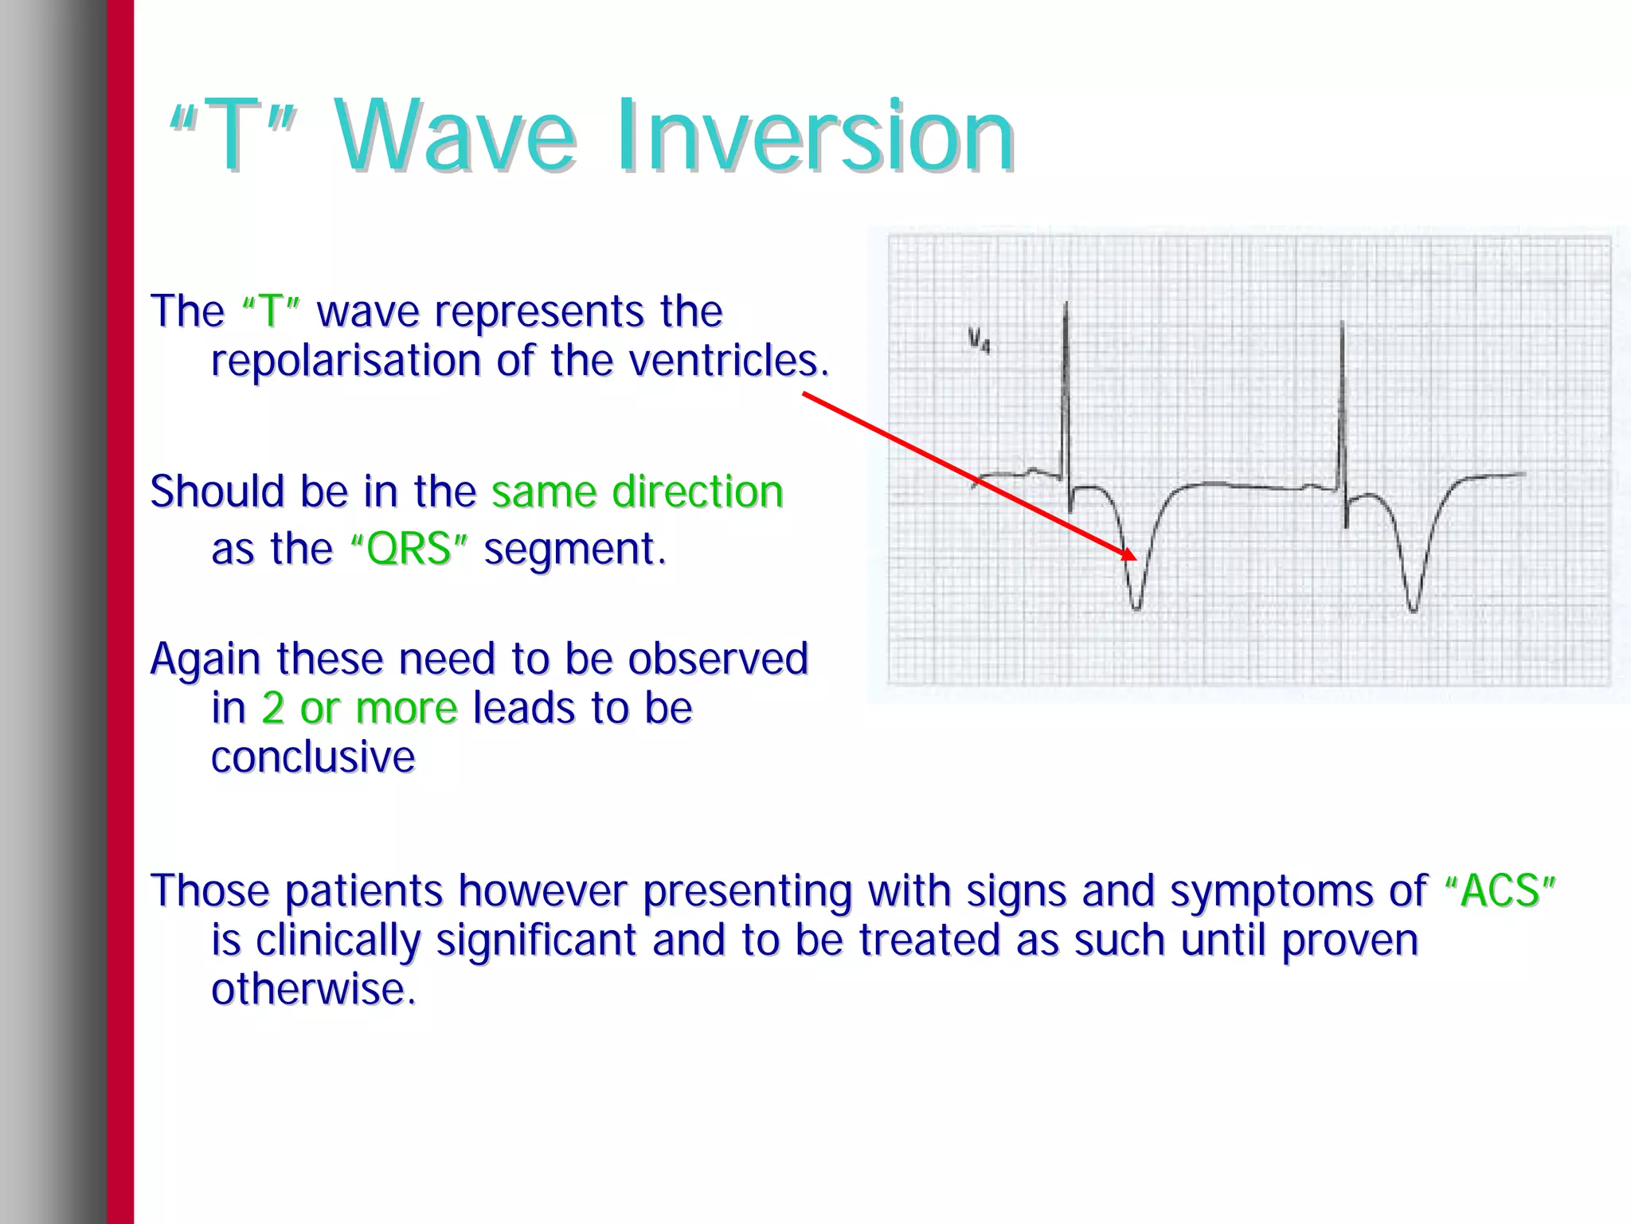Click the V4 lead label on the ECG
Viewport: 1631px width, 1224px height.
[x=979, y=340]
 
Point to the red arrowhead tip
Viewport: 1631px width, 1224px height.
[x=1133, y=557]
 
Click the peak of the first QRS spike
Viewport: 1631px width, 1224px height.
[x=1066, y=305]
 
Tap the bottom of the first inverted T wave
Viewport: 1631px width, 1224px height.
[x=1136, y=608]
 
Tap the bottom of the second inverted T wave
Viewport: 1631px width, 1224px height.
[x=1413, y=610]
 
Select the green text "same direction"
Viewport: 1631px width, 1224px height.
[x=637, y=492]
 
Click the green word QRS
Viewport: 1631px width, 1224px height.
[x=409, y=549]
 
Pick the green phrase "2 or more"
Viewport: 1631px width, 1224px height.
[x=359, y=708]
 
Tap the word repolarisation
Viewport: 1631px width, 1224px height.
[x=346, y=361]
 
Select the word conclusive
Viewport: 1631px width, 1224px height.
[x=313, y=757]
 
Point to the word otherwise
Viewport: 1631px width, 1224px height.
[x=313, y=990]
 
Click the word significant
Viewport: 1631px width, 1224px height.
[x=536, y=940]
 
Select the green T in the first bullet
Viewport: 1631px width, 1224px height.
[x=270, y=311]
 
